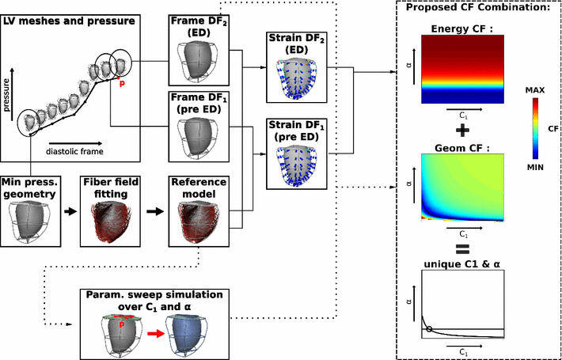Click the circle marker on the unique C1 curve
click(429, 328)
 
